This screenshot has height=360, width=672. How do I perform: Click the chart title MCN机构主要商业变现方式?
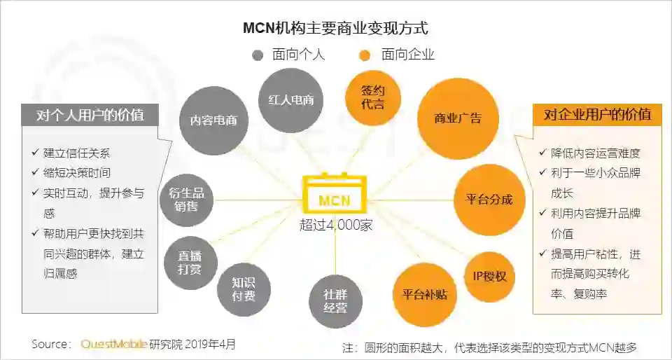tap(335, 28)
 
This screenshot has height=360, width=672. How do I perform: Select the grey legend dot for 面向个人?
tap(258, 55)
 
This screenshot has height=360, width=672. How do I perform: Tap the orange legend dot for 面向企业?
tap(363, 55)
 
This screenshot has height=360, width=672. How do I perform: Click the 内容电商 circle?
tap(213, 120)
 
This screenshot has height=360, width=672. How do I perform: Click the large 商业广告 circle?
tap(458, 118)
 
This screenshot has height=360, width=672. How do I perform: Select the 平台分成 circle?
tap(489, 199)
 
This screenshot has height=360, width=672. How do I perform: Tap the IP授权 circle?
tap(490, 276)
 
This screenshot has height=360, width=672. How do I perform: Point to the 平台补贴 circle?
tap(425, 293)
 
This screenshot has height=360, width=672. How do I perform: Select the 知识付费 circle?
tap(244, 289)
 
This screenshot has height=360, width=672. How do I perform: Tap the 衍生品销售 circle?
tap(186, 200)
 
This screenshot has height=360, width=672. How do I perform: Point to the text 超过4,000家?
tap(335, 225)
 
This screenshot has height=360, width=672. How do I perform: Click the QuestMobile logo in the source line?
tap(113, 344)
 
